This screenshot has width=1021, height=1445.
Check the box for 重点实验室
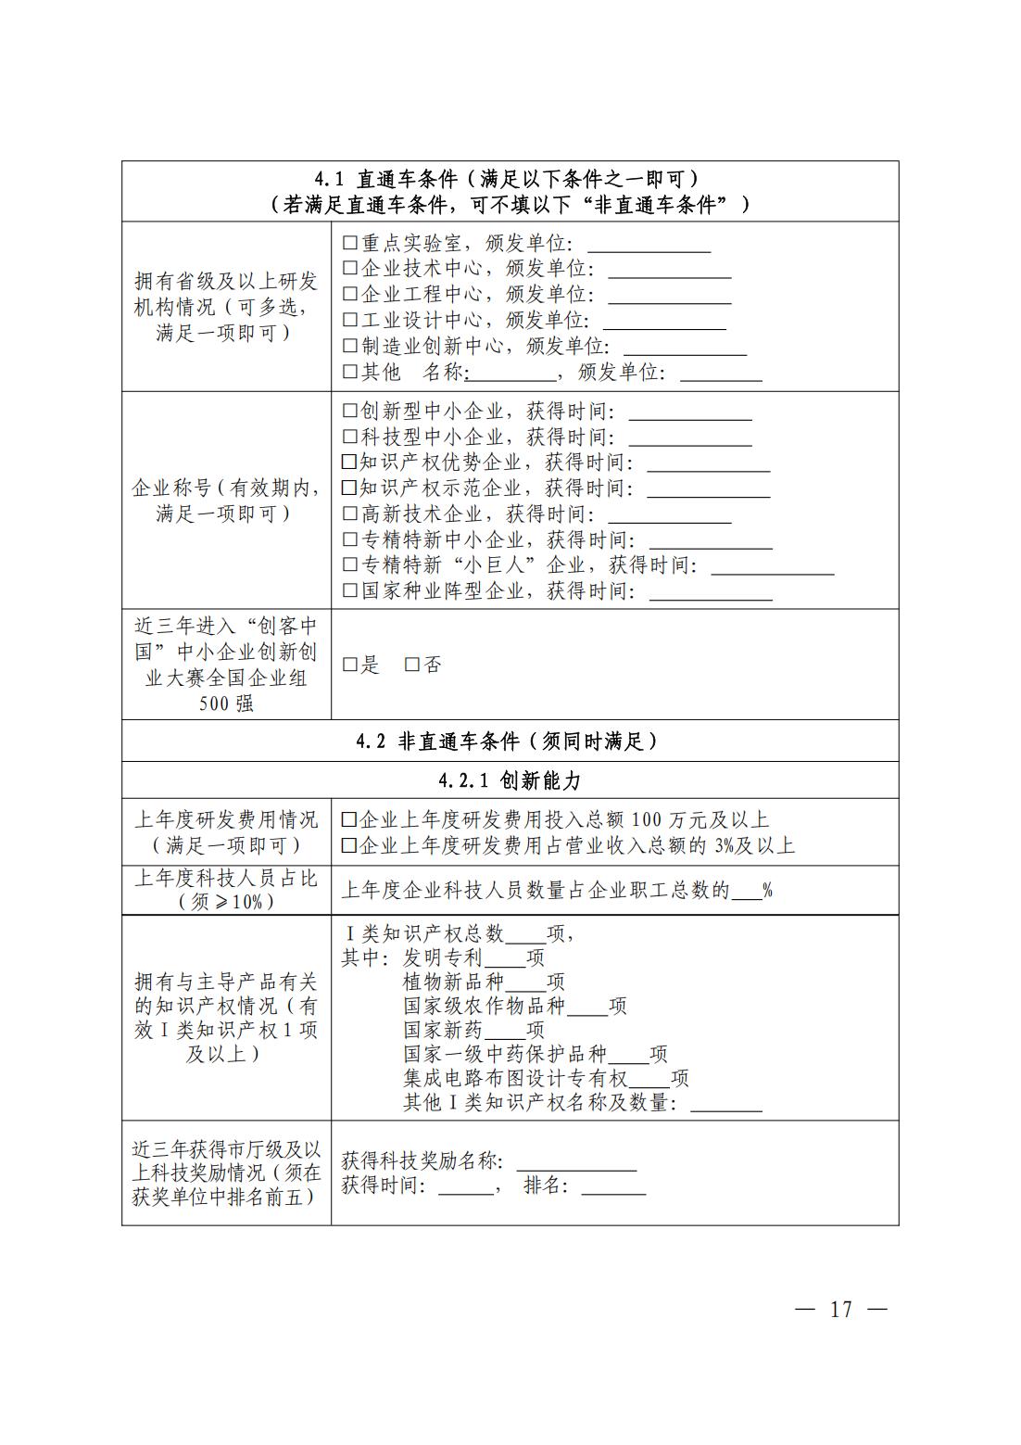tap(349, 244)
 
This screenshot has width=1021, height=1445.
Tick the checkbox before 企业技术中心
tap(349, 269)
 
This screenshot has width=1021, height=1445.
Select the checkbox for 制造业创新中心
tap(349, 347)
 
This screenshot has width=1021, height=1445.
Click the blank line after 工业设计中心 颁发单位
tap(664, 322)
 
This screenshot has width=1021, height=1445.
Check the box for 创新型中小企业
tap(349, 411)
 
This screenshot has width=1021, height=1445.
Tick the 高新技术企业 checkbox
tap(349, 513)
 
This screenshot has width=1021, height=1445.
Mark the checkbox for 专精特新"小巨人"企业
tap(349, 564)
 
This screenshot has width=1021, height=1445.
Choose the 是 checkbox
tap(349, 665)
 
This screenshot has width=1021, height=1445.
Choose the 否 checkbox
tap(412, 665)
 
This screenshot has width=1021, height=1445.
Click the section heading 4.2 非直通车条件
tap(509, 741)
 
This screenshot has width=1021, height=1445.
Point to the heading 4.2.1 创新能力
tap(510, 780)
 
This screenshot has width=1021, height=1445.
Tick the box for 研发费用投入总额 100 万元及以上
tap(349, 820)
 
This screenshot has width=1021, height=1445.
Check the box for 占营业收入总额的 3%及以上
tap(349, 845)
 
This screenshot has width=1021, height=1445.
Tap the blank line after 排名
tap(613, 1187)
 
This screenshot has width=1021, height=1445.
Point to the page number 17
tap(840, 1310)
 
